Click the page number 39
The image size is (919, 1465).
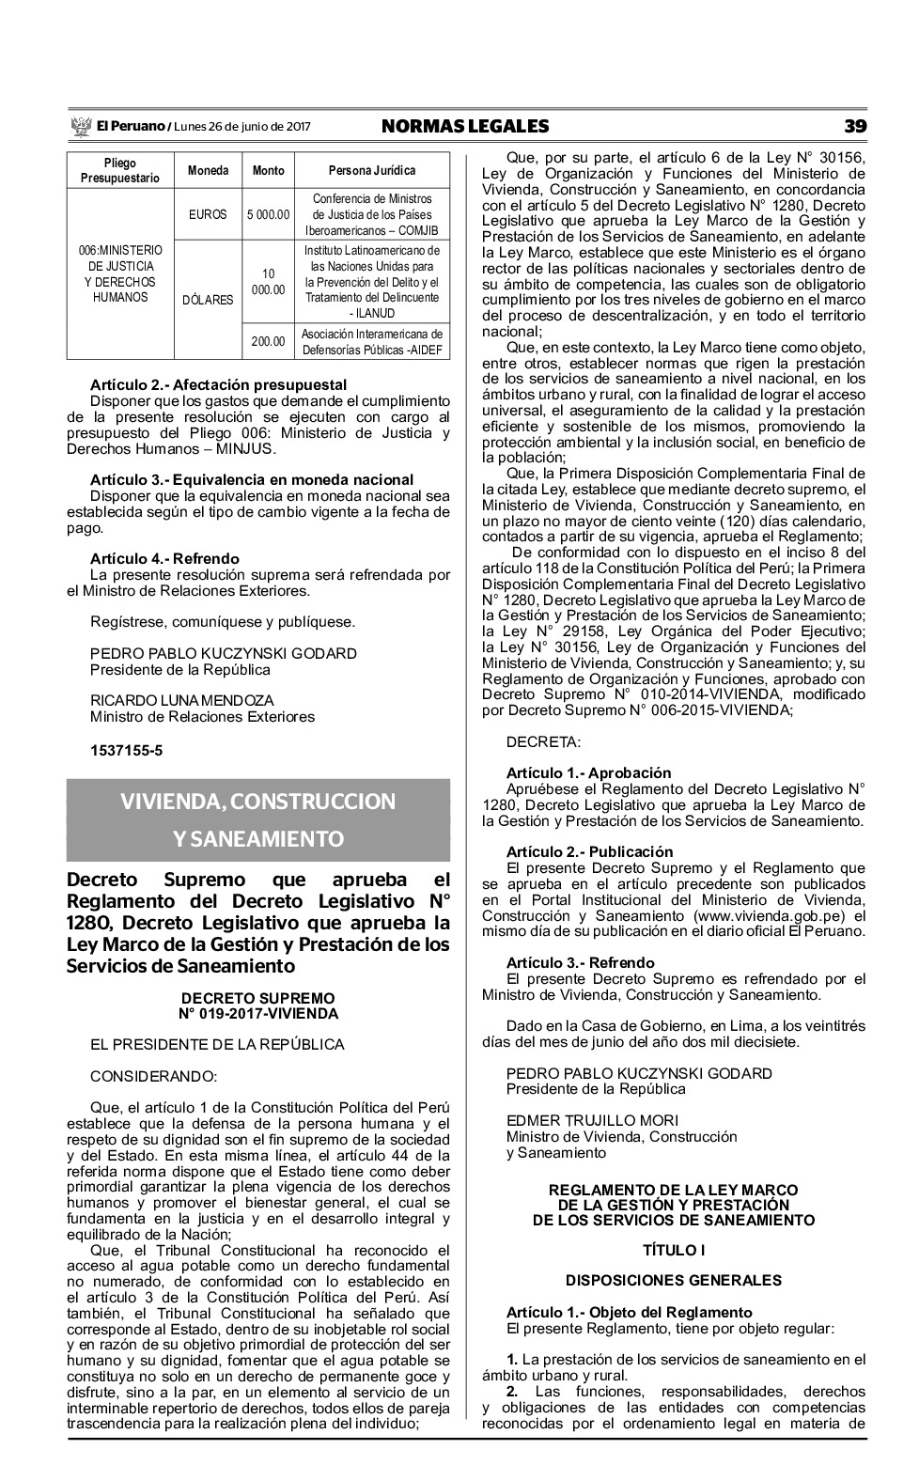[854, 126]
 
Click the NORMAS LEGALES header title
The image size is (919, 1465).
[465, 126]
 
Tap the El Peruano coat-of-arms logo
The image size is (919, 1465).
[80, 126]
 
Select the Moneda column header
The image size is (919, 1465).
[208, 171]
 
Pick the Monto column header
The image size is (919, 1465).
[268, 171]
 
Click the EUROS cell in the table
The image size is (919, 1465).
[208, 214]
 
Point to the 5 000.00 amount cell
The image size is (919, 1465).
[268, 214]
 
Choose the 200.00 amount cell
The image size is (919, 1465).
[268, 342]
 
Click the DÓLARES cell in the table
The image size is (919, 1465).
[208, 301]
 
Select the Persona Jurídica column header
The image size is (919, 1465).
[372, 171]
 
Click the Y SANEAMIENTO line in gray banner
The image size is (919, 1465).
[258, 838]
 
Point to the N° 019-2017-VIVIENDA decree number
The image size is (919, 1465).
[258, 1013]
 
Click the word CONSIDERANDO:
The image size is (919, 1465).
[153, 1076]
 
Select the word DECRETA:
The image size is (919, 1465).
[543, 742]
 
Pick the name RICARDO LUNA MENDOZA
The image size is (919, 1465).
[182, 700]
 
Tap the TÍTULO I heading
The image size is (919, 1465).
[673, 1250]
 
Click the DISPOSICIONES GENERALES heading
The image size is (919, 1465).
[673, 1280]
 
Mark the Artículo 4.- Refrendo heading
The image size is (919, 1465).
[164, 558]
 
